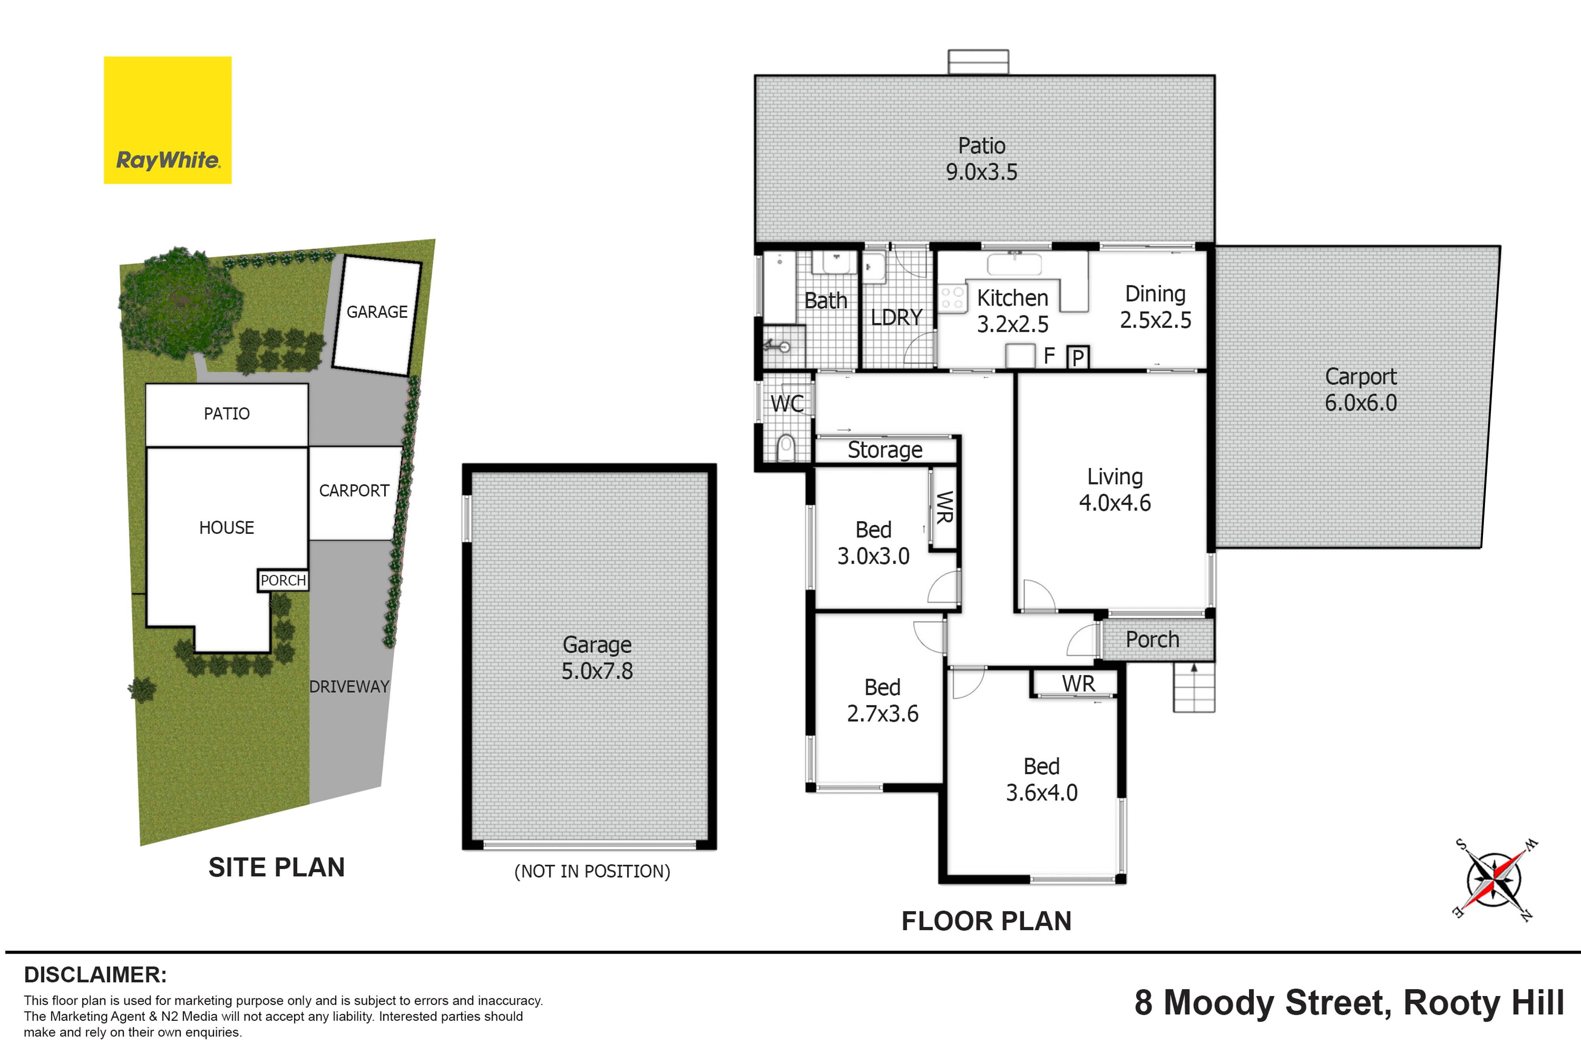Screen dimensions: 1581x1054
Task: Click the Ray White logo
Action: pos(167,120)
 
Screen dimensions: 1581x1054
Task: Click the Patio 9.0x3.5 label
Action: pos(981,158)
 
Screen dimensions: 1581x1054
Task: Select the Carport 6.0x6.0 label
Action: pos(1360,389)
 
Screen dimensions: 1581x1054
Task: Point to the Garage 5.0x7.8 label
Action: pos(597,657)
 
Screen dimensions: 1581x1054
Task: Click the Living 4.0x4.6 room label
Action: pos(1115,489)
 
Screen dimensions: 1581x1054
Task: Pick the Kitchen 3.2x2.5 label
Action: pos(1012,311)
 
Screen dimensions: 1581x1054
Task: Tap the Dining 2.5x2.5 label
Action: pos(1155,307)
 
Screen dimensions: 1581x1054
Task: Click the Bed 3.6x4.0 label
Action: pos(1041,779)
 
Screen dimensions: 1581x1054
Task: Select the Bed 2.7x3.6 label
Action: pos(883,700)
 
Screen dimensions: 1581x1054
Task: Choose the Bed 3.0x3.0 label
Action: pos(873,543)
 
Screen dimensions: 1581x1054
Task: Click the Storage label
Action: pos(885,450)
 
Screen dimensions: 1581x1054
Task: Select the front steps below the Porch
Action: pos(1194,687)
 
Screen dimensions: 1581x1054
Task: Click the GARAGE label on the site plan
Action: pos(377,312)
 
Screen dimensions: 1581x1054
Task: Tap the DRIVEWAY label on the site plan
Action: pos(349,686)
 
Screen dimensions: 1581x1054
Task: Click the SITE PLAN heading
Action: pos(276,867)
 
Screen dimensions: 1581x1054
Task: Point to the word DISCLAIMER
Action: pos(95,975)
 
